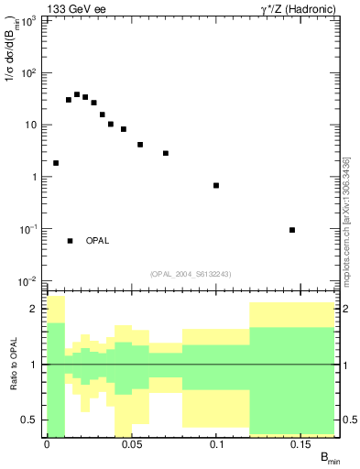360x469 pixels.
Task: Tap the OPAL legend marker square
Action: (70, 241)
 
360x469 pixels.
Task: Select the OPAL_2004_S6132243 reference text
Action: (191, 273)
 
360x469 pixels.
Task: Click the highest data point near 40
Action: (77, 94)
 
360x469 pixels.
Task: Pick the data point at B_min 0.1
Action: (216, 186)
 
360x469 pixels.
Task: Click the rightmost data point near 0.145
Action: (292, 230)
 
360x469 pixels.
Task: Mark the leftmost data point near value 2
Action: (56, 163)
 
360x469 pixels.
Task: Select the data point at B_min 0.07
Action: (166, 153)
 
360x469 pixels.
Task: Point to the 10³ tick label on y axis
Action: (29, 21)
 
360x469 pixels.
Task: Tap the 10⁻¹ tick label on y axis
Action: (29, 229)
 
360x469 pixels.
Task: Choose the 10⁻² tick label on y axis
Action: (29, 281)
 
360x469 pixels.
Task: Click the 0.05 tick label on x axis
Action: (132, 445)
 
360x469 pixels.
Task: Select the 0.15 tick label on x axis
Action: (302, 445)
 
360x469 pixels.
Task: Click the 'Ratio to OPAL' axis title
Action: (13, 365)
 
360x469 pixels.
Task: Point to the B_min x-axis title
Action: (328, 458)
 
